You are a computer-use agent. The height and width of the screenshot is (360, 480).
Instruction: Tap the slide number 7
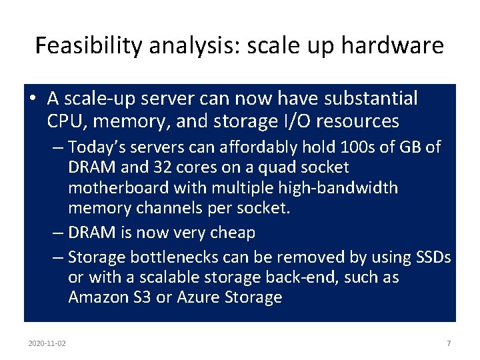(x=449, y=343)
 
